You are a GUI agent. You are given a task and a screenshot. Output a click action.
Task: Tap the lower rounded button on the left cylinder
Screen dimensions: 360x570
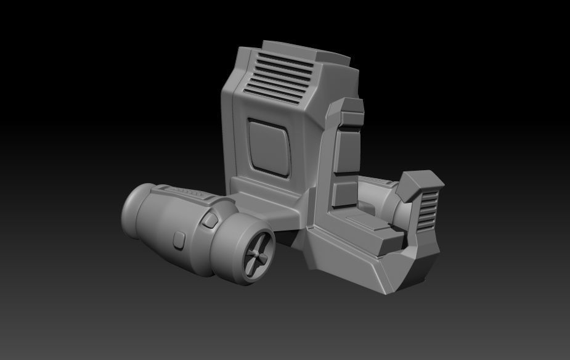pos(179,240)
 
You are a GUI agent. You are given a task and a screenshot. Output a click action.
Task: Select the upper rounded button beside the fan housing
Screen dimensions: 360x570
pos(210,220)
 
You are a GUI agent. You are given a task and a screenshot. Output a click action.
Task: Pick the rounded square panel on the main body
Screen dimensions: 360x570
pos(269,145)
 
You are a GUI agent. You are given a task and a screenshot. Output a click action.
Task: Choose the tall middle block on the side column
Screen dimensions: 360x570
pos(346,151)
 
